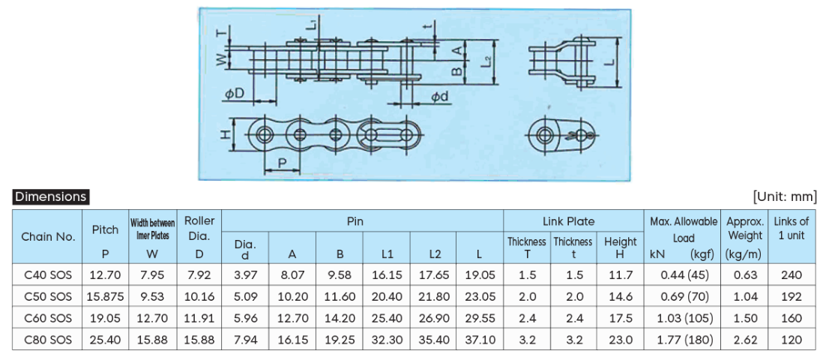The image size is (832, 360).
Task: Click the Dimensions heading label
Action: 50,196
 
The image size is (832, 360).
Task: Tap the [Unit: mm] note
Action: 785,196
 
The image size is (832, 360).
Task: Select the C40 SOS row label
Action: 48,275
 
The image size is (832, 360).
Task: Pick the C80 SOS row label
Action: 48,339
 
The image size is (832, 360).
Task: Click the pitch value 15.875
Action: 105,297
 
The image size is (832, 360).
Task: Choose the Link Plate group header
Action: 568,221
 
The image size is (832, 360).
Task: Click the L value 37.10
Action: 479,339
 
